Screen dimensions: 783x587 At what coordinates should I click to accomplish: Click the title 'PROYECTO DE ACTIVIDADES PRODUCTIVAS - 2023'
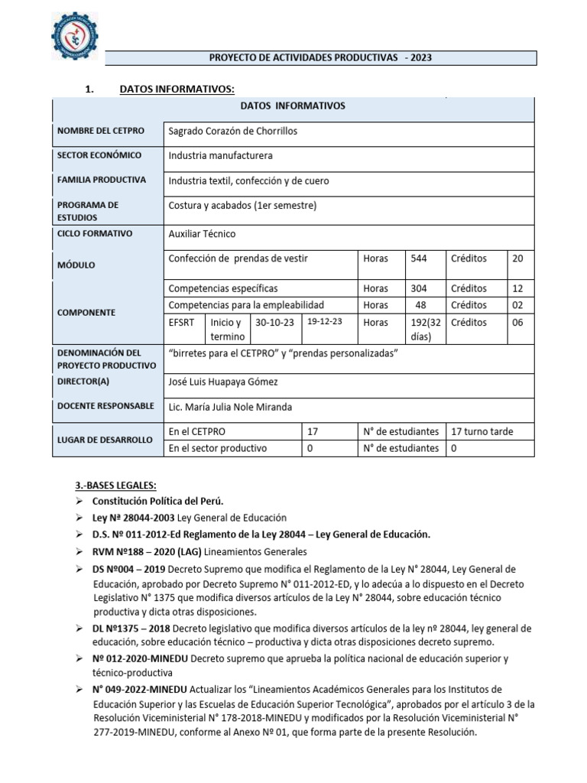[x=320, y=58]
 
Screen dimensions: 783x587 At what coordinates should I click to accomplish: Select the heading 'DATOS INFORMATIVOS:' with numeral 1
[x=177, y=90]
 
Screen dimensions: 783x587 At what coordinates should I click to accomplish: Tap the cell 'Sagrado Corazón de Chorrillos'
[x=233, y=131]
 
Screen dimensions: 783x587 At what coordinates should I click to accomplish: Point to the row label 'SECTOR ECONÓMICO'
[x=99, y=156]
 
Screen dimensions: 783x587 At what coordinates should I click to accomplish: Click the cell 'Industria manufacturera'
[x=220, y=156]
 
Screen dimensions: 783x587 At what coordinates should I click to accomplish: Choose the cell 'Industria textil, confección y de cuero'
[x=248, y=181]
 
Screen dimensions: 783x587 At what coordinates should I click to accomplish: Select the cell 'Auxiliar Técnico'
[x=203, y=234]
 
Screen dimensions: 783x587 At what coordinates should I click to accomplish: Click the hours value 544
[x=419, y=258]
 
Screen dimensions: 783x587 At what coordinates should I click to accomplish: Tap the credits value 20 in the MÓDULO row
[x=517, y=258]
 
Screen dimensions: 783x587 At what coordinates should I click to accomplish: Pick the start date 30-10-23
[x=275, y=323]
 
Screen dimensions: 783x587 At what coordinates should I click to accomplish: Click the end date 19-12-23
[x=326, y=322]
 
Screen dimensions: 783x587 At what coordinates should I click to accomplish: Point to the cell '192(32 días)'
[x=424, y=329]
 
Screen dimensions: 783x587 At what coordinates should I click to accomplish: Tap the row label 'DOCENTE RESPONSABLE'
[x=105, y=406]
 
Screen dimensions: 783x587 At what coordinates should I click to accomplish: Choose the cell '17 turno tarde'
[x=482, y=432]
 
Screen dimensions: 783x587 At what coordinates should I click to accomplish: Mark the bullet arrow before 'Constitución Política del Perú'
[x=79, y=502]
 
